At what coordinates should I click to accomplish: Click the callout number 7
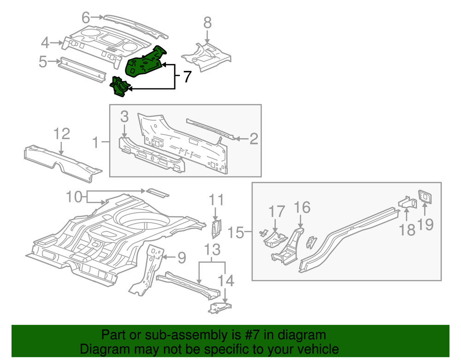point(186,77)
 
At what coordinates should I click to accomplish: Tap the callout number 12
point(62,134)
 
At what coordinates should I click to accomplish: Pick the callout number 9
point(182,258)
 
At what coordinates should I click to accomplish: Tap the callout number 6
point(85,18)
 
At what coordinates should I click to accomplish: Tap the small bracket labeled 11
point(216,227)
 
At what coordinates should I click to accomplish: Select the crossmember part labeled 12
point(62,161)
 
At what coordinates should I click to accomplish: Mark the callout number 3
point(124,117)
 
